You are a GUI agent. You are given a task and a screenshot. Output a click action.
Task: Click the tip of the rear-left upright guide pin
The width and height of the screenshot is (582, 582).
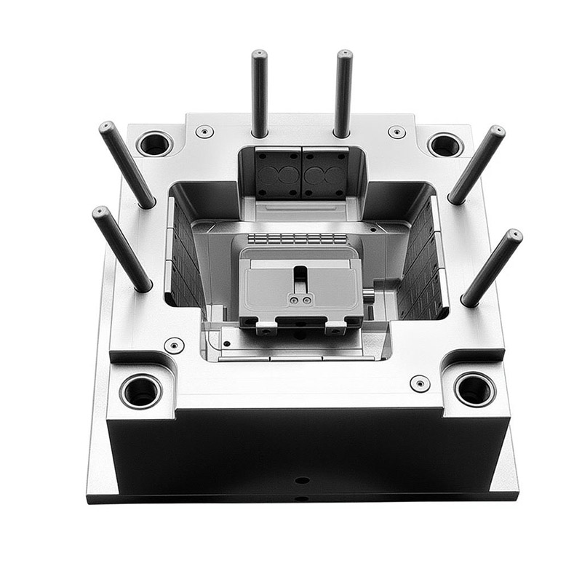(x=259, y=55)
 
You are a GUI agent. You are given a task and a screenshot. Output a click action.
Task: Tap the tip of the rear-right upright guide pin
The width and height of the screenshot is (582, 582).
(x=344, y=55)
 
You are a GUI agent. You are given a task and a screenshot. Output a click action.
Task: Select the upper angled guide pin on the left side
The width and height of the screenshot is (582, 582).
(x=127, y=164)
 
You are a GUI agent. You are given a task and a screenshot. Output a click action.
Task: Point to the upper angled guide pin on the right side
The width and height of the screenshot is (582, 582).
(x=477, y=164)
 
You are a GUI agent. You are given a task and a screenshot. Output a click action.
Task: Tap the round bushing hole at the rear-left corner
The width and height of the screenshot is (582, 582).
(x=154, y=143)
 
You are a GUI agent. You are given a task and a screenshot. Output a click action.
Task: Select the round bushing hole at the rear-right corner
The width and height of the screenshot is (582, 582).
(x=445, y=145)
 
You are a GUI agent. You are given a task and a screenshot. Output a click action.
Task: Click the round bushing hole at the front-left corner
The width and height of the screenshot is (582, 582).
(x=141, y=391)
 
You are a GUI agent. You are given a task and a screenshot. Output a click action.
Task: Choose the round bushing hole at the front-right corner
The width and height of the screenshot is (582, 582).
(x=474, y=389)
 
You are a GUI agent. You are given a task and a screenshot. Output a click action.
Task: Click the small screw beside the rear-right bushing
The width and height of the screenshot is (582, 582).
(x=396, y=132)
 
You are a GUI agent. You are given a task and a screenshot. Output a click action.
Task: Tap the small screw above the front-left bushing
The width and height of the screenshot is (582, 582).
(x=174, y=345)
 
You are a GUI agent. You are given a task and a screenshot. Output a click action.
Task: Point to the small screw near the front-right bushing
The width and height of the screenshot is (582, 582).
(x=420, y=383)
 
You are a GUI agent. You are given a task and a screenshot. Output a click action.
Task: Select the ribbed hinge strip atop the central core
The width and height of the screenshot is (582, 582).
(x=297, y=239)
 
